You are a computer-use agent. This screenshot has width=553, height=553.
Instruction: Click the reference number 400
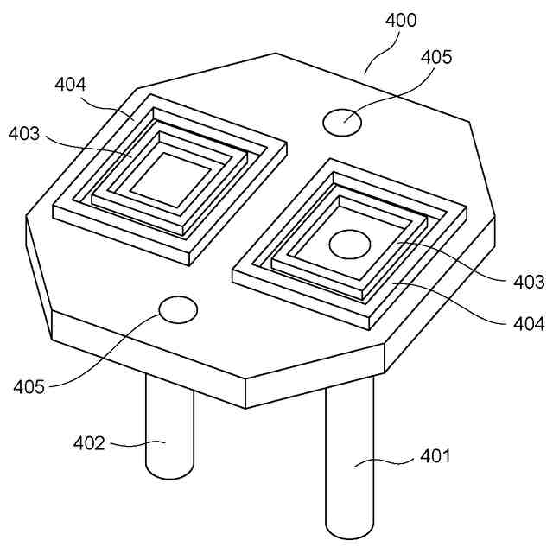click(401, 20)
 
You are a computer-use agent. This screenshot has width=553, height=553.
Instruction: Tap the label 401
click(435, 456)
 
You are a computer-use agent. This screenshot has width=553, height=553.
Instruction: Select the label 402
click(89, 443)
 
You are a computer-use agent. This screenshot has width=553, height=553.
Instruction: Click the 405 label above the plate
click(436, 57)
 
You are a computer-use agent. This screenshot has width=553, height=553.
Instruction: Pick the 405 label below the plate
click(29, 387)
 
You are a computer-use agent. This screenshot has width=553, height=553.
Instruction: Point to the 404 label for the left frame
click(70, 85)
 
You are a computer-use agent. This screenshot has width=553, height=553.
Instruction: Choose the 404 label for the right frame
click(529, 324)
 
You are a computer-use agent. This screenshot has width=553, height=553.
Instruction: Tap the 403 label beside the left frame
click(24, 134)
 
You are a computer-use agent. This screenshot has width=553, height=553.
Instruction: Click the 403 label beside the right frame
click(529, 282)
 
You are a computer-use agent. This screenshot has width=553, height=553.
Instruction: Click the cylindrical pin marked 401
click(349, 459)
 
